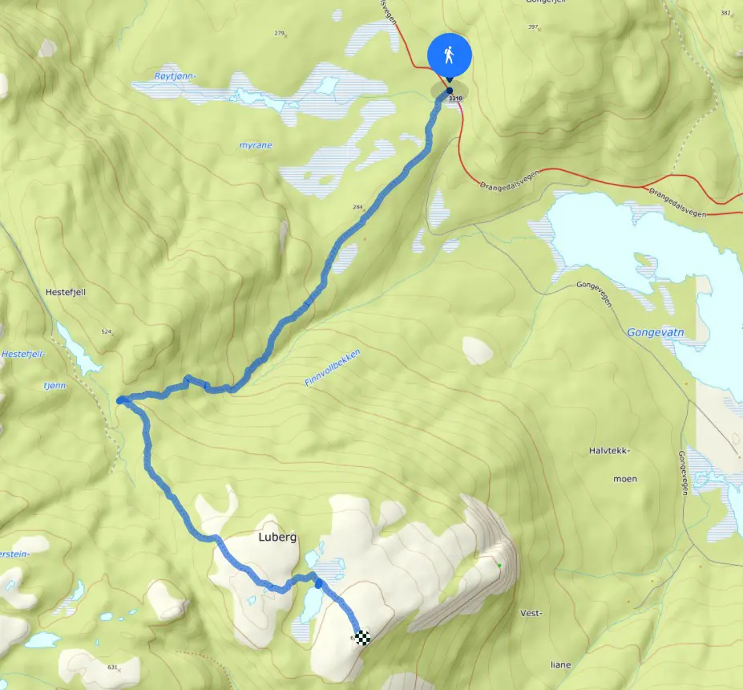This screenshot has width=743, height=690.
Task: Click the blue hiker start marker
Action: [x=449, y=56]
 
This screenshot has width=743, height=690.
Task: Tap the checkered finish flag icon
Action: [x=362, y=638]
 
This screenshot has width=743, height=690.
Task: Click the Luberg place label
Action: [x=277, y=537]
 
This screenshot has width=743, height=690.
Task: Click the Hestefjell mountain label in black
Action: [x=67, y=293]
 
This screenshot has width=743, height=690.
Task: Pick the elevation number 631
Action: [x=112, y=667]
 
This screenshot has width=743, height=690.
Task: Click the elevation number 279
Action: [x=280, y=33]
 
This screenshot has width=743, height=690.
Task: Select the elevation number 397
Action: [x=532, y=27]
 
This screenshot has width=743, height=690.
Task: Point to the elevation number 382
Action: [x=726, y=13]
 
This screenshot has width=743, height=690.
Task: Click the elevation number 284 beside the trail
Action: [x=357, y=207]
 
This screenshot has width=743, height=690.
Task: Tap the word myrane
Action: [x=255, y=146]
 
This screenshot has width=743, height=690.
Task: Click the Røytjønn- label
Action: [x=175, y=77]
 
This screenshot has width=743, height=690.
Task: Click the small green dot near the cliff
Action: [x=499, y=566]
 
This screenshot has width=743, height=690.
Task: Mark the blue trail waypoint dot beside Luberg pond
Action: [x=318, y=583]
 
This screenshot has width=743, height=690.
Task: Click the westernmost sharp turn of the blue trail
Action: [x=120, y=400]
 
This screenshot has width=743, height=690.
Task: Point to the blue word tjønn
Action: [x=56, y=385]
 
